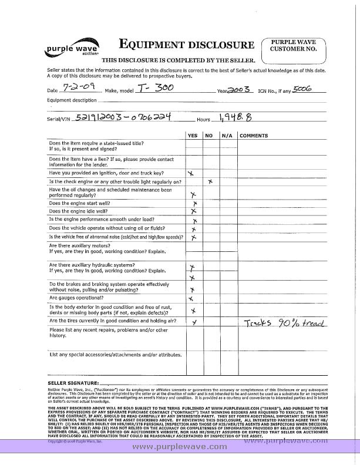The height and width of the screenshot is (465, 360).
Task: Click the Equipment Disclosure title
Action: (187, 45)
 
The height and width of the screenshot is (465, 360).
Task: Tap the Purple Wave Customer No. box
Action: (294, 45)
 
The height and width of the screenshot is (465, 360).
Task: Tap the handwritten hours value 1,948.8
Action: (234, 117)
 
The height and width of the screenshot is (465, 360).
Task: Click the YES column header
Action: (192, 136)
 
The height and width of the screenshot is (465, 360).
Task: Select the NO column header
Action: (208, 136)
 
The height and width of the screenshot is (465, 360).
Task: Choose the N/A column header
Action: (227, 136)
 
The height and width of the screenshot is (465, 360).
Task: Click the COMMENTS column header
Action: (254, 136)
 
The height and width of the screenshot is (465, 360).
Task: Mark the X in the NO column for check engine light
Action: (210, 183)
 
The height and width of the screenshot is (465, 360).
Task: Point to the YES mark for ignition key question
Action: (190, 174)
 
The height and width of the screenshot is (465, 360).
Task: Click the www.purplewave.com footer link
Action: (180, 447)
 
